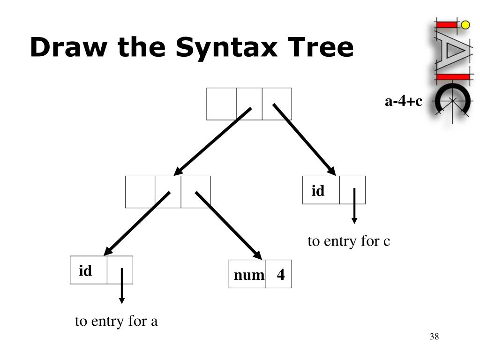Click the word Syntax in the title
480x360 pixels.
click(x=227, y=48)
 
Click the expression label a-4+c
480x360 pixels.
click(x=403, y=101)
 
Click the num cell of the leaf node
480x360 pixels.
click(x=248, y=274)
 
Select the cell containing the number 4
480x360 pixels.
click(x=279, y=274)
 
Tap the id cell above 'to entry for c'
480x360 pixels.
click(x=321, y=190)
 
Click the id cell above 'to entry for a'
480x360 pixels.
click(x=89, y=270)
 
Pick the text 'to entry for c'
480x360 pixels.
click(x=349, y=241)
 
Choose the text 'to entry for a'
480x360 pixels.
click(x=117, y=322)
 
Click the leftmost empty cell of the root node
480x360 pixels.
click(x=221, y=104)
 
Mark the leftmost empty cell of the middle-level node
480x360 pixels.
click(x=140, y=192)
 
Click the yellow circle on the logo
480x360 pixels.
click(x=465, y=24)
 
